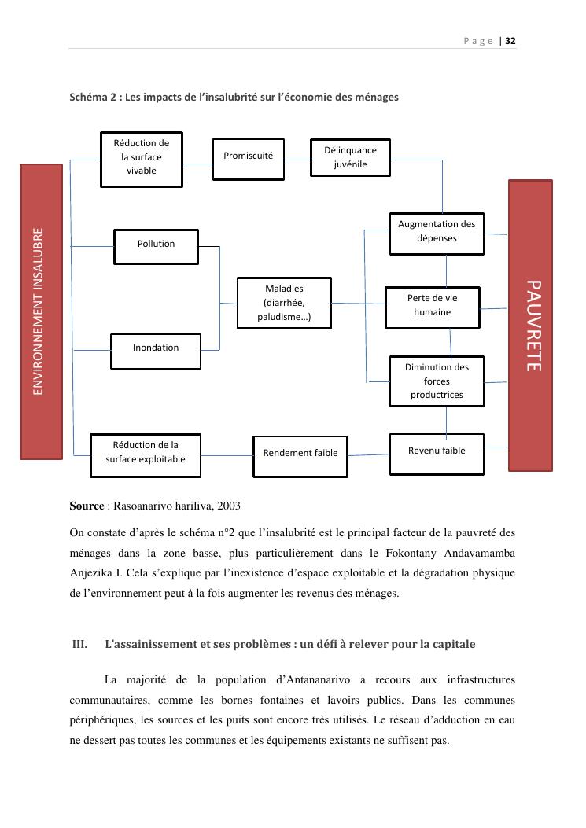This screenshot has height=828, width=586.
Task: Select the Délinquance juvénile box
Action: tap(350, 157)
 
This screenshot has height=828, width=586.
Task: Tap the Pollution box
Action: tap(156, 245)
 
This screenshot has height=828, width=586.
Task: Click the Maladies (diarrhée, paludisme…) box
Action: tap(284, 303)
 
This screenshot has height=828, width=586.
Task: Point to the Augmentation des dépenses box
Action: tap(437, 233)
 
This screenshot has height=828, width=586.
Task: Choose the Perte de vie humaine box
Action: tap(432, 305)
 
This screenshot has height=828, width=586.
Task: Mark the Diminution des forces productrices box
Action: tap(437, 381)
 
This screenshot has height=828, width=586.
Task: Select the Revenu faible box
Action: tap(437, 452)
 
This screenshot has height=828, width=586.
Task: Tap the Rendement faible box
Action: tap(300, 454)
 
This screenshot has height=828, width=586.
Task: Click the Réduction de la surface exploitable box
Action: tap(146, 454)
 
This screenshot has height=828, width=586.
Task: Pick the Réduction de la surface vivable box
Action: tap(142, 158)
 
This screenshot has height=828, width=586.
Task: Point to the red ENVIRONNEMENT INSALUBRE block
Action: tap(41, 311)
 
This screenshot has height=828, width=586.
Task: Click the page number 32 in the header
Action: tap(510, 41)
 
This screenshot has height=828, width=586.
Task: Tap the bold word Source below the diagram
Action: tap(87, 506)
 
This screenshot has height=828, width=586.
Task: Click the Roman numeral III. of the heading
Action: tap(79, 645)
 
